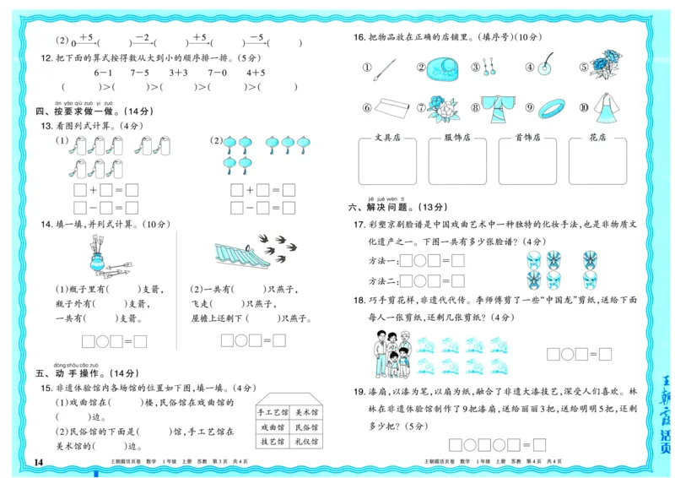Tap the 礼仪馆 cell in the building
pos(306,442)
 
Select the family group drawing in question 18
pos(391,353)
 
